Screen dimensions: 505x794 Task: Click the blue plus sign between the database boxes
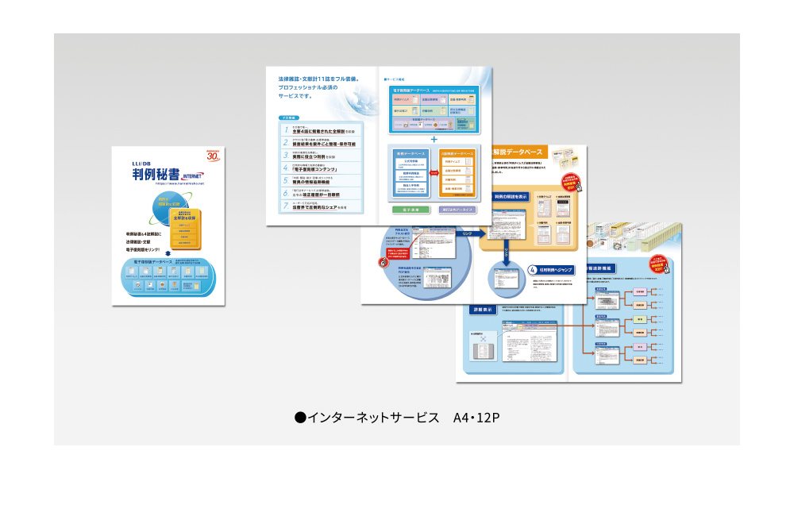coord(434,139)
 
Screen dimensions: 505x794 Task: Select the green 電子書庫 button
coord(411,210)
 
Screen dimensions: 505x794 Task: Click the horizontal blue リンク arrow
coord(467,233)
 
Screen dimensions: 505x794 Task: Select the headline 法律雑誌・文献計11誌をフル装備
coord(318,79)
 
